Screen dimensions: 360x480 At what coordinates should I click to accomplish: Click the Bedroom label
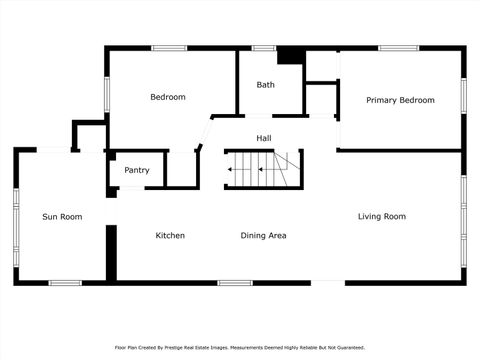168,97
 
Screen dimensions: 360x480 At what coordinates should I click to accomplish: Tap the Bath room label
265,85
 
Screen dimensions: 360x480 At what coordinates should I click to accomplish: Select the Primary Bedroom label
400,100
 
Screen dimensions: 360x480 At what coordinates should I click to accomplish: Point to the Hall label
263,138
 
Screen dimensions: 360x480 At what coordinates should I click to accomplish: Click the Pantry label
137,170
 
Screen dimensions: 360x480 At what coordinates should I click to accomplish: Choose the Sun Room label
62,216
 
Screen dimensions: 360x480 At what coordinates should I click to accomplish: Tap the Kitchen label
170,235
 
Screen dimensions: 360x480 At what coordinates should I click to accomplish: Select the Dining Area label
264,235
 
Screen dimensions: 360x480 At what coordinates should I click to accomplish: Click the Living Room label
382,216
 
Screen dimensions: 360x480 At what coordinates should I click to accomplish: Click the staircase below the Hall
263,169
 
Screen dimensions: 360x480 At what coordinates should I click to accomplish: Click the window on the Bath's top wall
264,47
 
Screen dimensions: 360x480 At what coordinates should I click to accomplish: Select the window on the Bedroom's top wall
168,47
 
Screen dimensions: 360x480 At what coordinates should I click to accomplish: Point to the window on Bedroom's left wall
107,90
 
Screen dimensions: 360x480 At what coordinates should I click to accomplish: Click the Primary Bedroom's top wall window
398,47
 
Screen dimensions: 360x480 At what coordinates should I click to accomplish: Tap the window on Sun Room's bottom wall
65,283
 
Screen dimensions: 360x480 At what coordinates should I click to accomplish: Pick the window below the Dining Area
235,283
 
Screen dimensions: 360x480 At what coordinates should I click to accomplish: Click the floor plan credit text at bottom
240,347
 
